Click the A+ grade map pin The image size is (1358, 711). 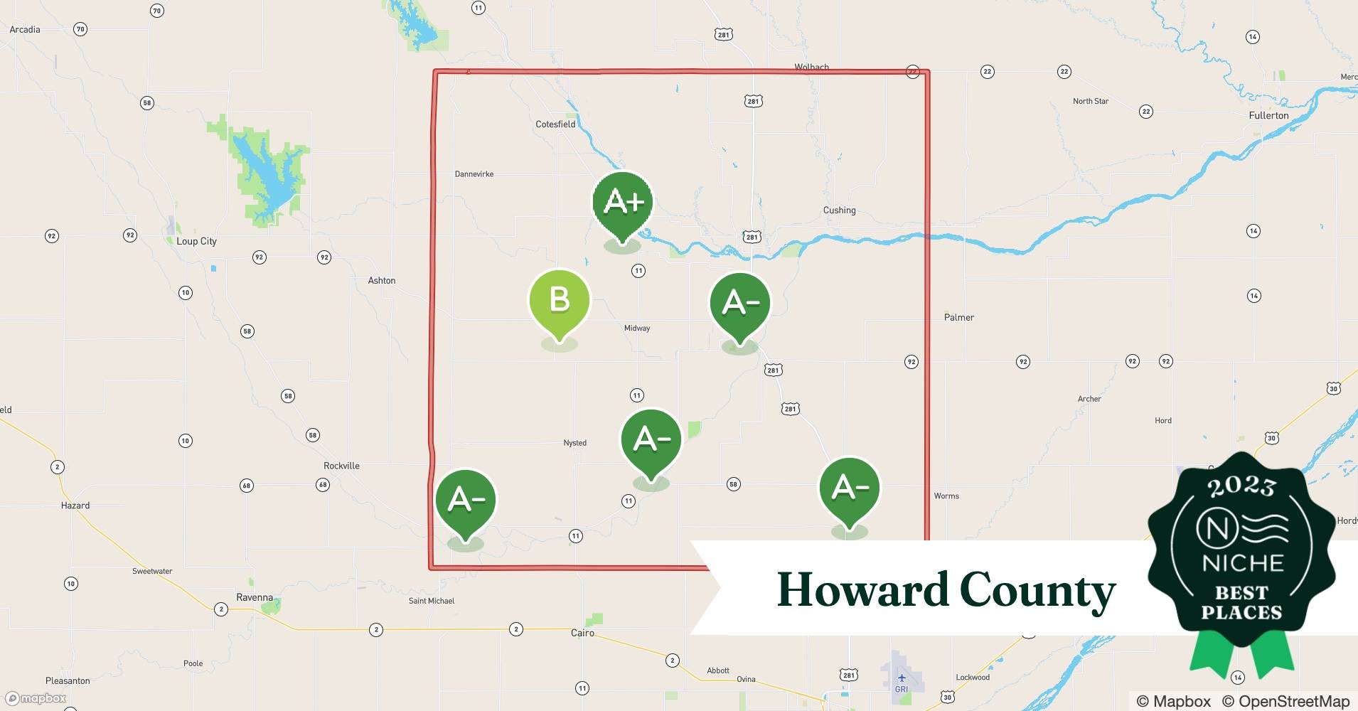click(x=623, y=203)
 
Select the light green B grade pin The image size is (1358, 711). click(x=560, y=300)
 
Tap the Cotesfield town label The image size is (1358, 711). click(x=555, y=124)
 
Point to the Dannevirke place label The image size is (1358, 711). click(x=474, y=174)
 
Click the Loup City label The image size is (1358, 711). click(x=196, y=241)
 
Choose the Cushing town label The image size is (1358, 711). click(x=839, y=210)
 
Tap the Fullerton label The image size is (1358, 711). click(x=1268, y=115)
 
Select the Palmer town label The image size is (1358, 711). click(x=958, y=318)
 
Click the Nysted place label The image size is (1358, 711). click(x=574, y=443)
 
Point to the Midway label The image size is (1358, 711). click(x=636, y=328)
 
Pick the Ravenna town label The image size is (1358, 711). click(x=255, y=597)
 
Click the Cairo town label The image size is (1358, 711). click(x=582, y=633)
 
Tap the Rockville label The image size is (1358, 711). click(x=341, y=466)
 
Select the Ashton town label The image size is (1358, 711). click(x=381, y=281)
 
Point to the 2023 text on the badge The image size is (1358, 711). click(x=1241, y=487)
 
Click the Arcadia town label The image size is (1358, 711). click(x=25, y=30)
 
